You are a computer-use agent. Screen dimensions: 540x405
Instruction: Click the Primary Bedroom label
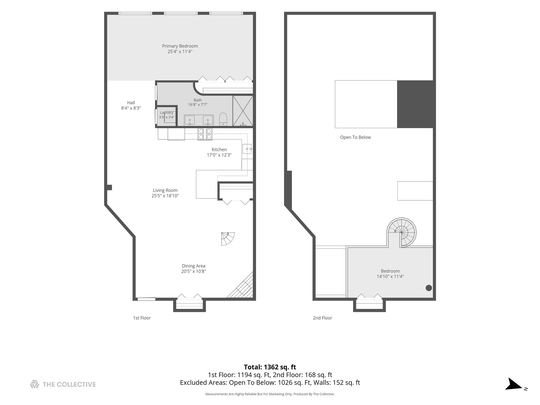[x=180, y=46]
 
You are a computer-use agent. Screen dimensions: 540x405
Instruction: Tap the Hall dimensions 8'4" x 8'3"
[x=131, y=108]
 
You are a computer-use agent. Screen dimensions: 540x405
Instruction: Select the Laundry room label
[x=167, y=113]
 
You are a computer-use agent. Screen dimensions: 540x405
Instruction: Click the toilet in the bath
[x=223, y=119]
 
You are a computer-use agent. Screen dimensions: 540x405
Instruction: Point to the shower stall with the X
[x=243, y=111]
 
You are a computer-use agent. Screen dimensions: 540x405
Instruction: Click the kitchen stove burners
[x=205, y=134]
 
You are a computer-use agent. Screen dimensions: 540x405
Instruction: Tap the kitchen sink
[x=247, y=149]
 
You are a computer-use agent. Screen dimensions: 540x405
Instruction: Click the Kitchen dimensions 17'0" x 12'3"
[x=219, y=155]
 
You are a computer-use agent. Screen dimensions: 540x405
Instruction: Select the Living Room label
[x=165, y=190]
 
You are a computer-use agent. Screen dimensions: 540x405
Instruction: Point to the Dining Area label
[x=194, y=266]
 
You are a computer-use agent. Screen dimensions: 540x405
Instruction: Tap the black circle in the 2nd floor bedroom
[x=429, y=288]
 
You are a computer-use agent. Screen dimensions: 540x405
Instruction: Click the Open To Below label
[x=355, y=137]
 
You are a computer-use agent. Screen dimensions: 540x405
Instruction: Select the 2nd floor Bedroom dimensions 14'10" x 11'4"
[x=390, y=277]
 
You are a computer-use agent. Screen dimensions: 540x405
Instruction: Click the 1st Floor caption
[x=142, y=318]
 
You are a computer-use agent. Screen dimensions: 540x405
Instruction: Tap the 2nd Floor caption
[x=322, y=318]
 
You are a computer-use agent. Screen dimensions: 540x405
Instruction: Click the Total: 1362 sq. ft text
[x=270, y=367]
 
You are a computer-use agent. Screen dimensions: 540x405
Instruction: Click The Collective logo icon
[x=35, y=384]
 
